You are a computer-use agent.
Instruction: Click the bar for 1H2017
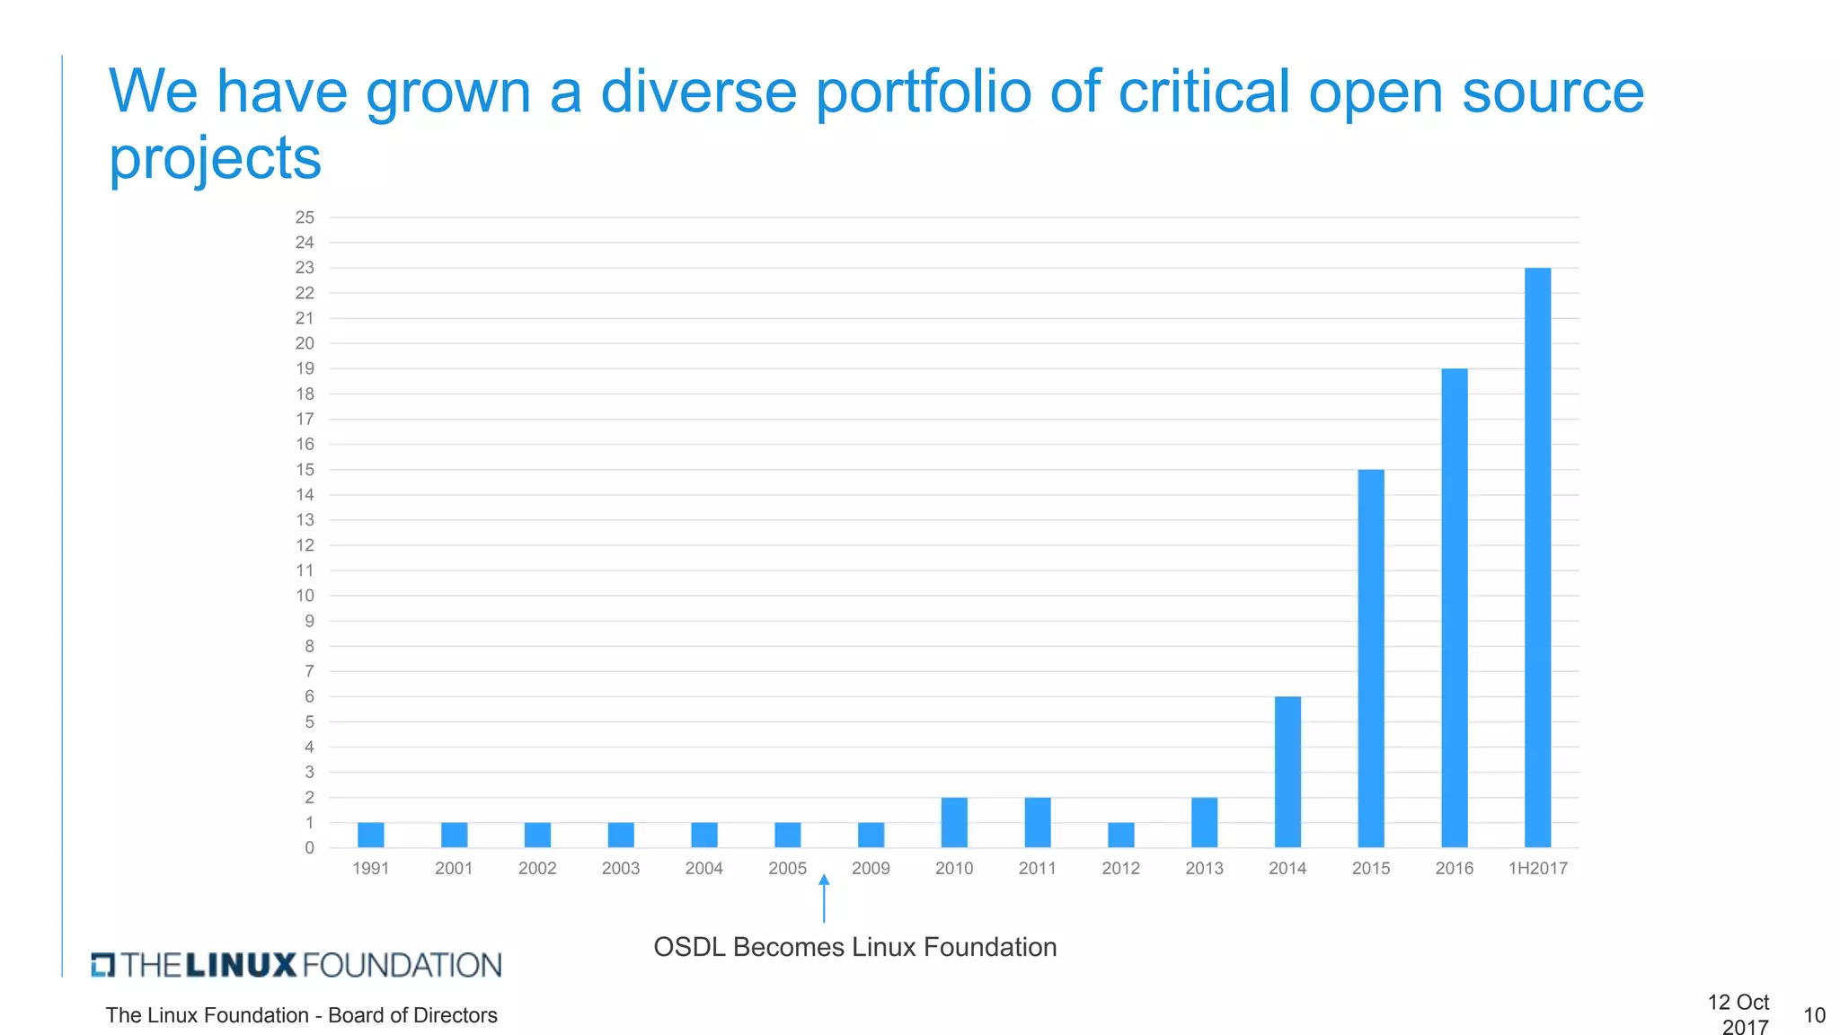click(1537, 557)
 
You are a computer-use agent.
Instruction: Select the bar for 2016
click(1454, 607)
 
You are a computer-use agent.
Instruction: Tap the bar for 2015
click(1371, 658)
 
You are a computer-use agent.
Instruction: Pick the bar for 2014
click(1287, 772)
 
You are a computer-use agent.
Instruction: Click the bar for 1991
click(370, 835)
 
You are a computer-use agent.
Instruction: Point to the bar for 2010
click(954, 822)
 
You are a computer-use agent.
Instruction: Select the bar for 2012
click(1120, 835)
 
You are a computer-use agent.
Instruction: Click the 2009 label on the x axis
click(871, 868)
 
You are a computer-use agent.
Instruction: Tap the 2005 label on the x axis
click(787, 868)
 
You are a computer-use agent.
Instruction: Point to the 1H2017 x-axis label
click(1537, 868)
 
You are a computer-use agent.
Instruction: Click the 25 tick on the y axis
click(305, 217)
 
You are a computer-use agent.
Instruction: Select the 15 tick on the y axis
click(305, 470)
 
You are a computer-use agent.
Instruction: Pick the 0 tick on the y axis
click(309, 848)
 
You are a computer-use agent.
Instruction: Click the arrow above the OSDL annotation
click(824, 898)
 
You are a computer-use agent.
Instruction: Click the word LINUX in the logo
click(241, 965)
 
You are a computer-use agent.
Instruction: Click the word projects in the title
click(215, 158)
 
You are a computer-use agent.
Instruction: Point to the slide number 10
click(1814, 1015)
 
